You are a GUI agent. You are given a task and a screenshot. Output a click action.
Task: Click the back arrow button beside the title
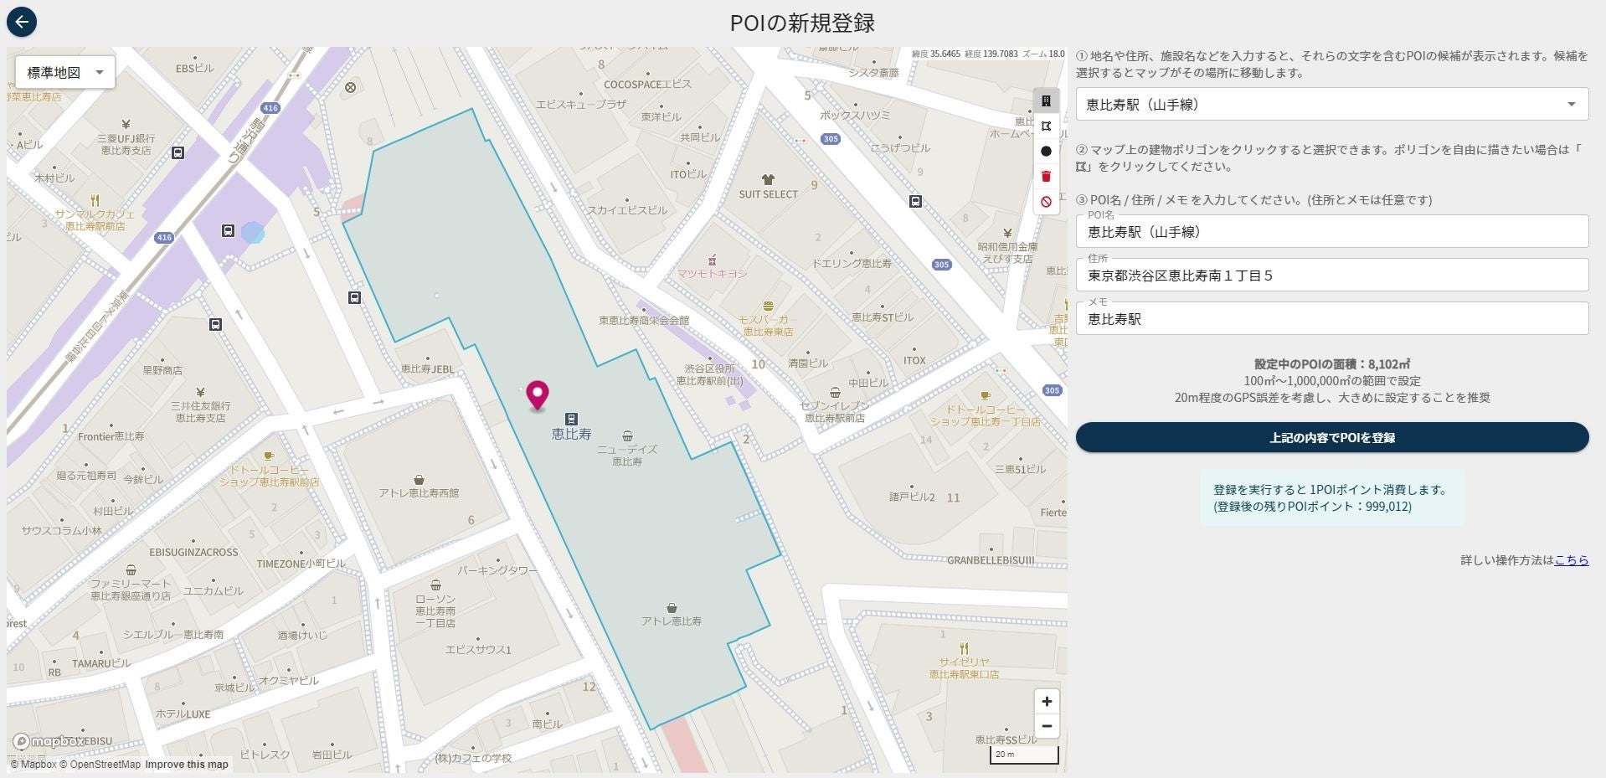tap(22, 22)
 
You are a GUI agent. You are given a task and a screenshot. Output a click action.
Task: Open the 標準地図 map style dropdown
tap(65, 73)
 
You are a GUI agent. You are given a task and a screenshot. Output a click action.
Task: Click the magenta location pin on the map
tap(537, 394)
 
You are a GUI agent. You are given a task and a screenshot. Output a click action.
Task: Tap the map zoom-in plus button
tap(1046, 702)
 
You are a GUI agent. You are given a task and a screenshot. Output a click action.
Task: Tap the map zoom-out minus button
tap(1046, 726)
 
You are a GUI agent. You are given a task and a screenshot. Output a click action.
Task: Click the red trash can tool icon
tap(1046, 176)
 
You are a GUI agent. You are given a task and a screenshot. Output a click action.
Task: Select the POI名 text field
tap(1331, 232)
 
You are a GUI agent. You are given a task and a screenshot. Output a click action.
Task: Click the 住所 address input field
tap(1331, 276)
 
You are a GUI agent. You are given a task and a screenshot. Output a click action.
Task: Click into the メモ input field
tap(1331, 319)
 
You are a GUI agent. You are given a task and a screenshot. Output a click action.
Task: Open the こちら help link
tap(1571, 560)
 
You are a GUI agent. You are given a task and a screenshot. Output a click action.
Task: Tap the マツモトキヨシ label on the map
tap(712, 273)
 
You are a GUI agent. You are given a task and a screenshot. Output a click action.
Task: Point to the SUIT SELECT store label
tap(768, 193)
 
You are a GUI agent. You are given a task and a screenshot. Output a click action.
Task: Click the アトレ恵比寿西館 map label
tap(418, 492)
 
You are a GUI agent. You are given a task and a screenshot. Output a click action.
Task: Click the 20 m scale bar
tap(1024, 755)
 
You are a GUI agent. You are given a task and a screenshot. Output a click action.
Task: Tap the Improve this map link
tap(187, 765)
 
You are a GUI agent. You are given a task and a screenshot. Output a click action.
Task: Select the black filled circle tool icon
tap(1046, 152)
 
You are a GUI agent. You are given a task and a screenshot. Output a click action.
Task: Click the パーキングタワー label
tap(497, 570)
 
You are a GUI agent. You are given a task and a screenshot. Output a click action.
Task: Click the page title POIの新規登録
tap(802, 23)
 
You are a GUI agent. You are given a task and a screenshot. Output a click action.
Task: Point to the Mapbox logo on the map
tap(49, 742)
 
